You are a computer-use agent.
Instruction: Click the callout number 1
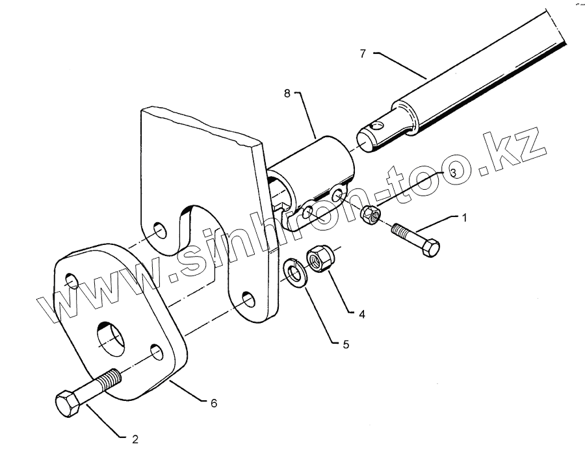pyautogui.click(x=464, y=217)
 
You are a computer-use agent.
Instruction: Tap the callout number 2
pyautogui.click(x=135, y=439)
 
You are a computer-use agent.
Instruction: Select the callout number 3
pyautogui.click(x=453, y=171)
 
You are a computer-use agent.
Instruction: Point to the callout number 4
pyautogui.click(x=362, y=314)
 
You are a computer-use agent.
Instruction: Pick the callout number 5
pyautogui.click(x=345, y=344)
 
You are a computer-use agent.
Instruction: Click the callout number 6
pyautogui.click(x=213, y=403)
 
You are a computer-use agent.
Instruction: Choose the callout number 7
pyautogui.click(x=363, y=53)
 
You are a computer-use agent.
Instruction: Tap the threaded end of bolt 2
pyautogui.click(x=111, y=378)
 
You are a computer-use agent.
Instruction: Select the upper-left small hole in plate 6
pyautogui.click(x=72, y=281)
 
